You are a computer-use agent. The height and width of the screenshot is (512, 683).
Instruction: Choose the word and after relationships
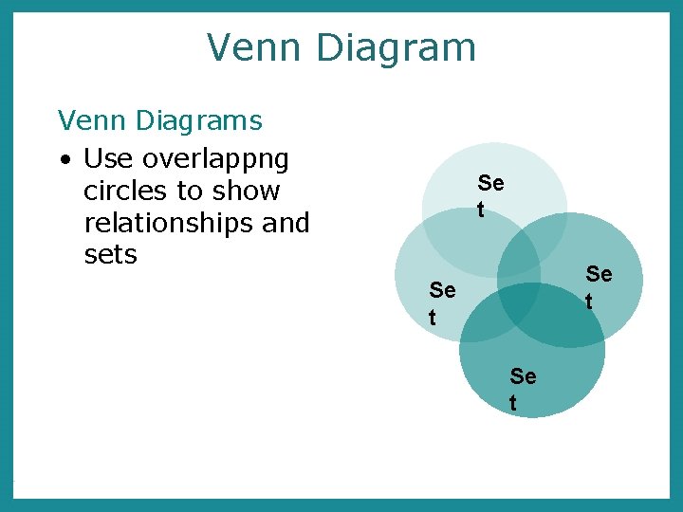[287, 223]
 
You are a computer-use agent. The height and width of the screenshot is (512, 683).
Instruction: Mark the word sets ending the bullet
[111, 254]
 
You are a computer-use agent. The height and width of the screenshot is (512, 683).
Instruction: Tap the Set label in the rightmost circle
[599, 287]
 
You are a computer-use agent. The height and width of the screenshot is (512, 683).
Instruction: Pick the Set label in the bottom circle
[523, 390]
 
